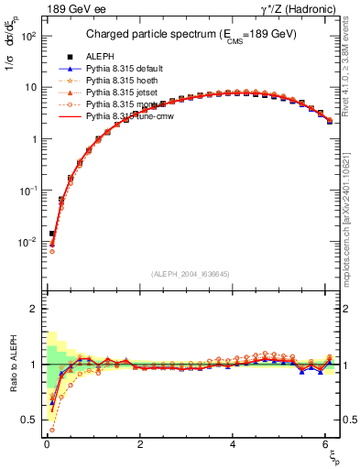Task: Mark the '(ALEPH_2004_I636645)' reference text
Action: tap(191, 274)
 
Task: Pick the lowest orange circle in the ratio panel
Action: tap(51, 429)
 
